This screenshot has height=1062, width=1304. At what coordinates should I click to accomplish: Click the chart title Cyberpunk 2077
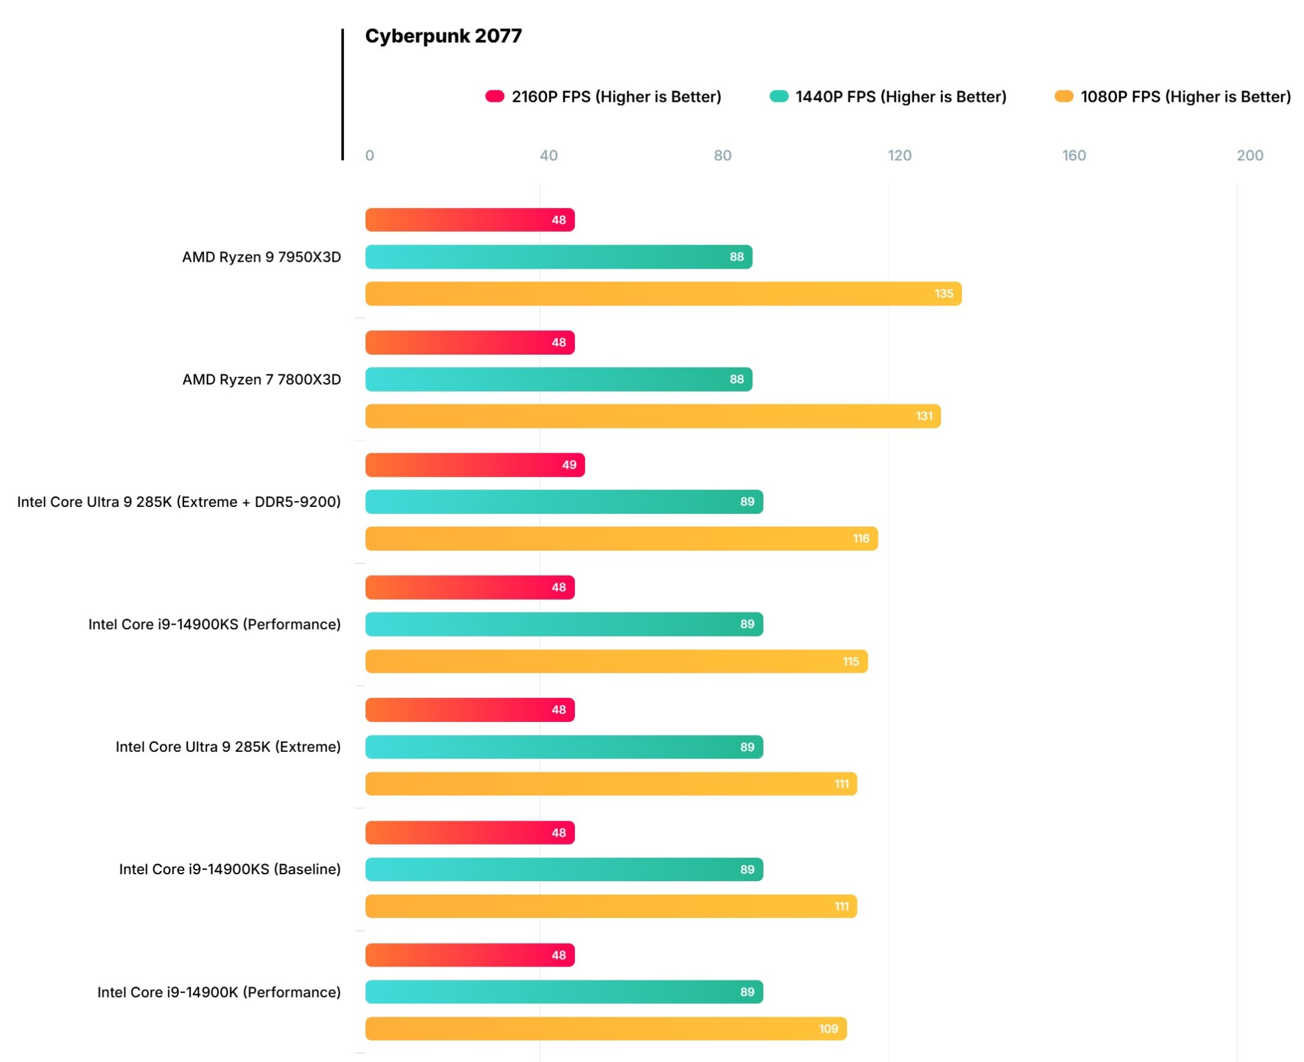click(443, 36)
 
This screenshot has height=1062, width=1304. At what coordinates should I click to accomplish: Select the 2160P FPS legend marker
click(495, 96)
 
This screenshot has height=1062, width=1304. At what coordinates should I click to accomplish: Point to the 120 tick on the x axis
click(899, 155)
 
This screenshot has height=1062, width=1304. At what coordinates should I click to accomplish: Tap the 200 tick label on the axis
click(1249, 155)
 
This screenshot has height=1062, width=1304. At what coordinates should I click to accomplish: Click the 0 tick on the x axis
click(369, 155)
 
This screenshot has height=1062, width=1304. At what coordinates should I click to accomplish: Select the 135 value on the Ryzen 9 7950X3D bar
click(943, 294)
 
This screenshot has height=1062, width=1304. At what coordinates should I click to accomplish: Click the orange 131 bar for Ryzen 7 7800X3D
click(652, 416)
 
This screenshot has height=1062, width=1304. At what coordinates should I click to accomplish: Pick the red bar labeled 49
click(474, 465)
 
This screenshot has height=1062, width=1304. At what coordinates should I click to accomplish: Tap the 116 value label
click(861, 539)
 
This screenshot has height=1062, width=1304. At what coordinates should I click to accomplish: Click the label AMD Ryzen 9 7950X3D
click(261, 257)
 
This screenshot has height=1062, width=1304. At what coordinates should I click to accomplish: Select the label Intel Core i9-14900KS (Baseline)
click(229, 869)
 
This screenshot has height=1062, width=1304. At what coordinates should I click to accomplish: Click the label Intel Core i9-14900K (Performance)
click(218, 992)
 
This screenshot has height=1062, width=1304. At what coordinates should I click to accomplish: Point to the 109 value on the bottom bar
click(828, 1028)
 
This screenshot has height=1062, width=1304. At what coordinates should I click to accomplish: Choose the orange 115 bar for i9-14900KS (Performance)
click(616, 662)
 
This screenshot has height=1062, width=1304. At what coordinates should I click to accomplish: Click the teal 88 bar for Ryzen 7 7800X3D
click(558, 379)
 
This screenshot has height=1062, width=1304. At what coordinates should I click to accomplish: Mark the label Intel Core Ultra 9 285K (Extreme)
click(227, 747)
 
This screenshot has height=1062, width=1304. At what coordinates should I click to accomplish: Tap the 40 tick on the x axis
click(548, 155)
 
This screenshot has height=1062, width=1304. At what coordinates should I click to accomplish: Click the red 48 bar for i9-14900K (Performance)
click(469, 955)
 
